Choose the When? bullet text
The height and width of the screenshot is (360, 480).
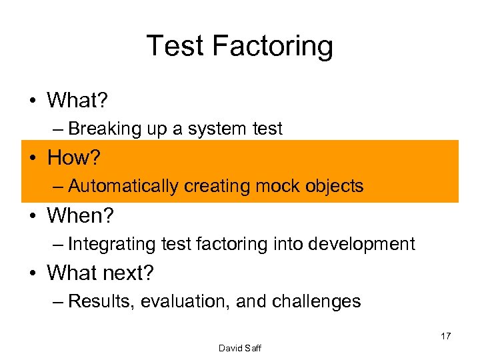(x=79, y=215)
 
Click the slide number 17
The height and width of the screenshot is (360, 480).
(x=445, y=336)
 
